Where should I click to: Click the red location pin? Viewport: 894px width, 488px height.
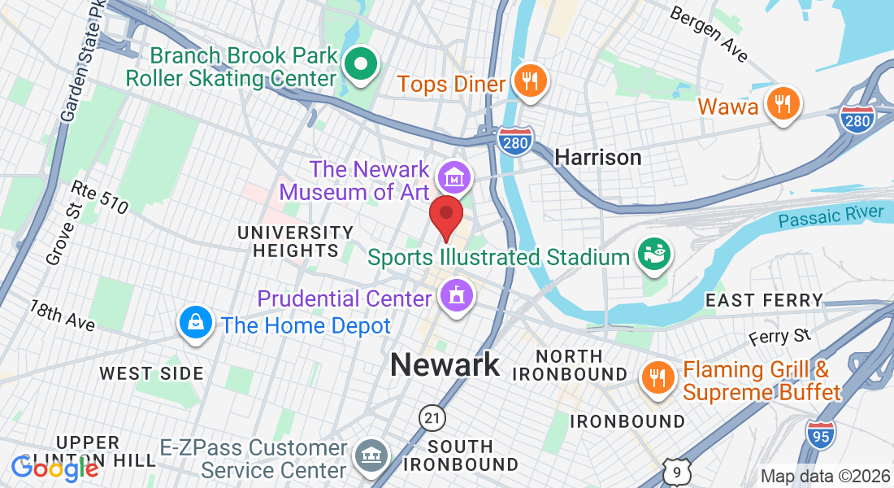click(x=445, y=215)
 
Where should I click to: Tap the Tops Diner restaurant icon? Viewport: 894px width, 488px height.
click(x=529, y=81)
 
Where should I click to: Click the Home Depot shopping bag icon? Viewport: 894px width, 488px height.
click(x=196, y=324)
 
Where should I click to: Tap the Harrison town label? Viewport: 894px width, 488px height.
click(x=598, y=157)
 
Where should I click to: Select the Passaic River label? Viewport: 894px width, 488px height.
click(x=830, y=217)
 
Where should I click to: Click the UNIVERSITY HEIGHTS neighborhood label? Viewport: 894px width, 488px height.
click(x=296, y=242)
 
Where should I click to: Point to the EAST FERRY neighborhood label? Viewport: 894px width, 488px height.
click(x=764, y=300)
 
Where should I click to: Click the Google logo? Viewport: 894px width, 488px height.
click(x=54, y=468)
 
